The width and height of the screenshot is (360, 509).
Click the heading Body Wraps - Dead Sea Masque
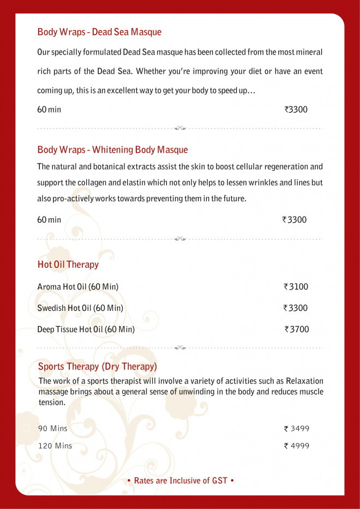click(x=99, y=32)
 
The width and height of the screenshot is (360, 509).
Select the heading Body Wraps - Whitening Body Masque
click(x=112, y=150)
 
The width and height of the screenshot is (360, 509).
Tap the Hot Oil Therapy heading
click(x=68, y=265)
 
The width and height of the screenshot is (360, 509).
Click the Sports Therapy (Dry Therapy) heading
click(x=98, y=366)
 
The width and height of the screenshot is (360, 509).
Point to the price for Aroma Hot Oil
click(x=296, y=286)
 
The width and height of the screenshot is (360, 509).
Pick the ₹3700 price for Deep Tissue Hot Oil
click(x=297, y=329)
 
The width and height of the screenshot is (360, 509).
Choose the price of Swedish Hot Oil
click(x=295, y=308)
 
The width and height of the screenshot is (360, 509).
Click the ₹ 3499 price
click(x=297, y=429)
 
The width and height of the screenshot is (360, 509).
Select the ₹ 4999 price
click(x=297, y=446)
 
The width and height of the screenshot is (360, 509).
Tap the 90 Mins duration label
click(x=52, y=429)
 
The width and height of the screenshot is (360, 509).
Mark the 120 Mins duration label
click(x=55, y=446)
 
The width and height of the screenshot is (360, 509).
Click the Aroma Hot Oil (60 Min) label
click(x=77, y=286)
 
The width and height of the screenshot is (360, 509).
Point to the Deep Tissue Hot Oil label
click(x=86, y=329)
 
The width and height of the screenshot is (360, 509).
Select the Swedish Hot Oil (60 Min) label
click(x=80, y=308)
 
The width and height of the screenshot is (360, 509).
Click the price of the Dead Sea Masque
click(x=296, y=110)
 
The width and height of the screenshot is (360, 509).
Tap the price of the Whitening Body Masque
click(x=295, y=220)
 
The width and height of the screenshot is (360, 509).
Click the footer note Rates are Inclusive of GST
click(x=180, y=481)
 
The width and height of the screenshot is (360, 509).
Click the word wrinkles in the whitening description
click(x=253, y=183)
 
